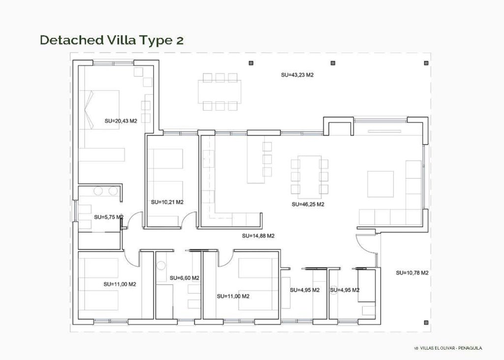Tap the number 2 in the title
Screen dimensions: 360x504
[179, 40]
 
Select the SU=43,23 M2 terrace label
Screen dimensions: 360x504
[297, 75]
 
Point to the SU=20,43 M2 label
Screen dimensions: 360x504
[121, 120]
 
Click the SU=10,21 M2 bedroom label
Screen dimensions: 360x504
[167, 202]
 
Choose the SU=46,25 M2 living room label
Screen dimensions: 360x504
[308, 204]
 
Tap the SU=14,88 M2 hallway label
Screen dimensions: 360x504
[258, 236]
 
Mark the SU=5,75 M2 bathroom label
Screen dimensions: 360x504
[108, 216]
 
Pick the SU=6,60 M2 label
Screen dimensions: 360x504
[184, 278]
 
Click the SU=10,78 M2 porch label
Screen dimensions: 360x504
[412, 272]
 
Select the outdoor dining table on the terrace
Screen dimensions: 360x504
[220, 91]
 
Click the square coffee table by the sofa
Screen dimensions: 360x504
[380, 184]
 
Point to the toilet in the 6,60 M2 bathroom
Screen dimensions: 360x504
[160, 266]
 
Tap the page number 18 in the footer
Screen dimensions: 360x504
[416, 348]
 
